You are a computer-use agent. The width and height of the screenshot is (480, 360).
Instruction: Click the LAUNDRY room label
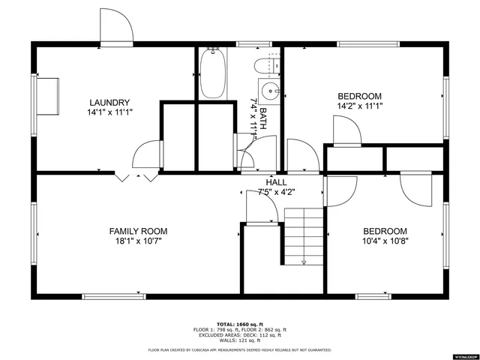pos(109,103)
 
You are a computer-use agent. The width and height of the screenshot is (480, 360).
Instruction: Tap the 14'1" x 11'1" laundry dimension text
pos(109,112)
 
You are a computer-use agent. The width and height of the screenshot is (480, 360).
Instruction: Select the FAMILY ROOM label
pos(138,231)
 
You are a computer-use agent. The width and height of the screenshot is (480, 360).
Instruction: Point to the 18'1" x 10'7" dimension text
pos(138,241)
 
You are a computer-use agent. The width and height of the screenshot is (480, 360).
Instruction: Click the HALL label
pos(276,182)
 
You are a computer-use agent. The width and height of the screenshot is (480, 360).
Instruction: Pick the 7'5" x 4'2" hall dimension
pos(276,192)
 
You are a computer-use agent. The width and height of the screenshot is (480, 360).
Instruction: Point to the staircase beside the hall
pos(303,235)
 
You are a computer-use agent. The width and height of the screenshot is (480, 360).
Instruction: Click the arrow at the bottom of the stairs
pos(304,262)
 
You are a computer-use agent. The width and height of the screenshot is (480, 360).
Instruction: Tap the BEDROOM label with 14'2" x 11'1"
pos(359,96)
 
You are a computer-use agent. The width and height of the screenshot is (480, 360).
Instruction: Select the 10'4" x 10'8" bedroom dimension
pos(385,241)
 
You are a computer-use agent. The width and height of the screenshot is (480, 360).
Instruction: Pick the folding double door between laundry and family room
pos(136,177)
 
